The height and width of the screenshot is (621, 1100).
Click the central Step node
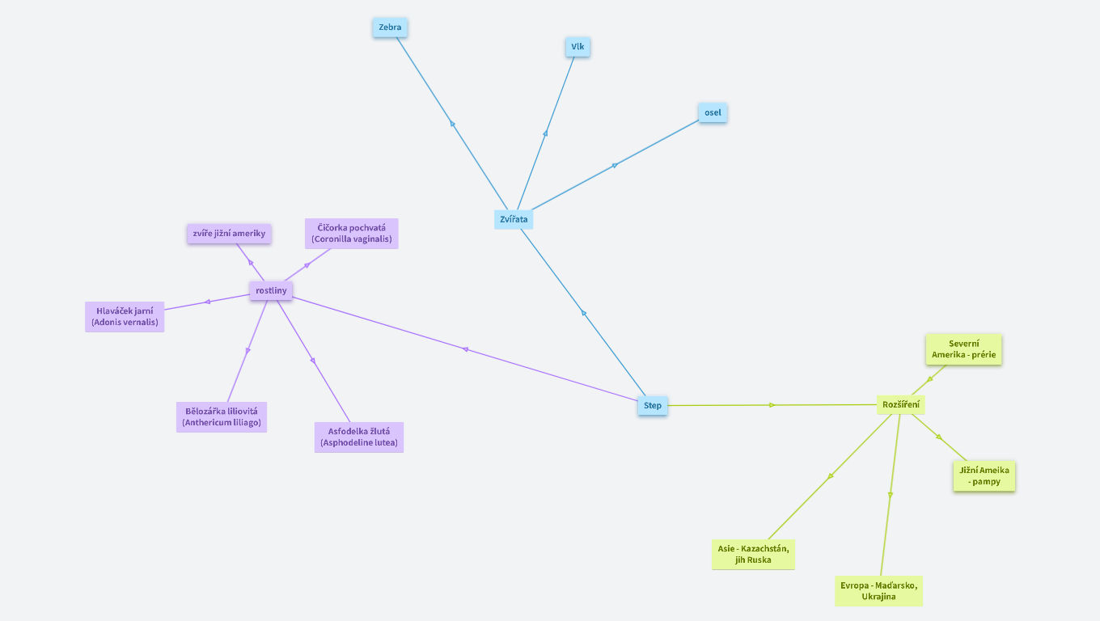[653, 406]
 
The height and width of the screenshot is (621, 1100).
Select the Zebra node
[390, 27]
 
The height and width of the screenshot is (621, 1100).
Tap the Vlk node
[577, 47]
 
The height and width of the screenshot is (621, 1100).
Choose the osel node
[713, 112]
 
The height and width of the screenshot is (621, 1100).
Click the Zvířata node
[514, 219]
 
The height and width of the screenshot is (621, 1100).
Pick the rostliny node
[271, 290]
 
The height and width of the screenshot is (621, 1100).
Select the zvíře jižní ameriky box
[229, 234]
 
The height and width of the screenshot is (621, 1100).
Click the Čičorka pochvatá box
[352, 234]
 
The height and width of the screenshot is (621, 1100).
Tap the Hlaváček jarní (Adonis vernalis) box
[125, 317]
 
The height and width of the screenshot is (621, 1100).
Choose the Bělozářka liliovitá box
[222, 417]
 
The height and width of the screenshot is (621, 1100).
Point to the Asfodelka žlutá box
[359, 437]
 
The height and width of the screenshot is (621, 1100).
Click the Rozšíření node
[901, 404]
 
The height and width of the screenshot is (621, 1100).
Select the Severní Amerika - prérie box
[964, 349]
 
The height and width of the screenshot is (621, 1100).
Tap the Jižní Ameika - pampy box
[984, 476]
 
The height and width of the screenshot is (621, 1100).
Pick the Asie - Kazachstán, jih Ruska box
[753, 555]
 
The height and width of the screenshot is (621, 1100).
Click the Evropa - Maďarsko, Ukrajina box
[878, 591]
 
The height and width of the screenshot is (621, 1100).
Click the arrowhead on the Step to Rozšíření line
[772, 405]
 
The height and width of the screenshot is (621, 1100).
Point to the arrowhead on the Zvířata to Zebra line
[452, 124]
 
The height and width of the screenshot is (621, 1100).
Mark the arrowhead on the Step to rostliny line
[465, 349]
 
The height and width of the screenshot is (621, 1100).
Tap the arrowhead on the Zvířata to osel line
[615, 165]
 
